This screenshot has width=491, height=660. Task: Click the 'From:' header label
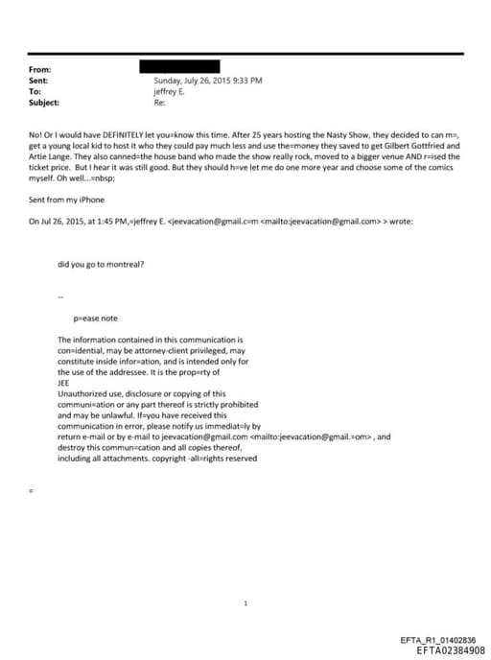point(40,70)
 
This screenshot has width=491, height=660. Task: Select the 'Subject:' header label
point(44,102)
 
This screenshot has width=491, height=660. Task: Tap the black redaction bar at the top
point(179,66)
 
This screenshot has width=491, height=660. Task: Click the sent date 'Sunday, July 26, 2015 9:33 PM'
point(207,81)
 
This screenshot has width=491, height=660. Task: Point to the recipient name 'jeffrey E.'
point(170,91)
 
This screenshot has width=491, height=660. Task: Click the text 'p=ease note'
point(95,318)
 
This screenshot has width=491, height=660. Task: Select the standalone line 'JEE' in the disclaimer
point(63,383)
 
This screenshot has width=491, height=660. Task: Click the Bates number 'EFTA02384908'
point(444,649)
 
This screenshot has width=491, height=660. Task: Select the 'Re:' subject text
point(159,102)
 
